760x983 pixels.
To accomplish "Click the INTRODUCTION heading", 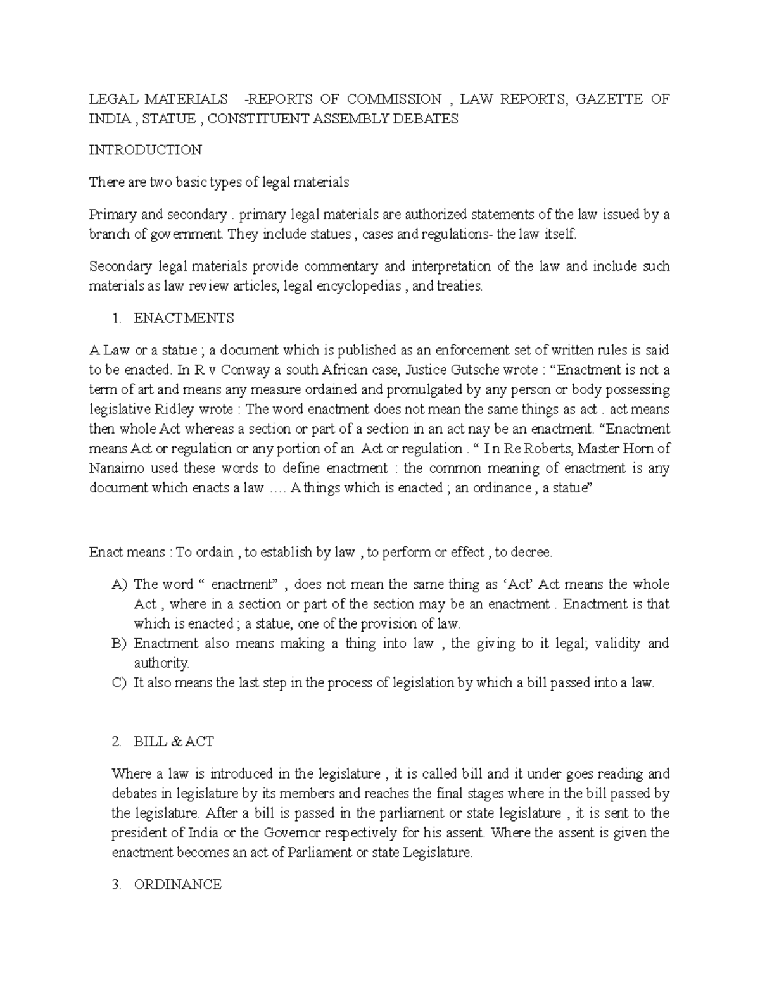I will point(145,150).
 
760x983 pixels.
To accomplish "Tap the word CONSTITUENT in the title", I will point(255,118).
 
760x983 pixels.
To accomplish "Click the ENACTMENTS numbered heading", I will point(184,318).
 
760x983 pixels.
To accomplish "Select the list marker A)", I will point(119,584).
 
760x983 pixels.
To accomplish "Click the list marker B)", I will point(119,644).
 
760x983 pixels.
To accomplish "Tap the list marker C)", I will point(119,683).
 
